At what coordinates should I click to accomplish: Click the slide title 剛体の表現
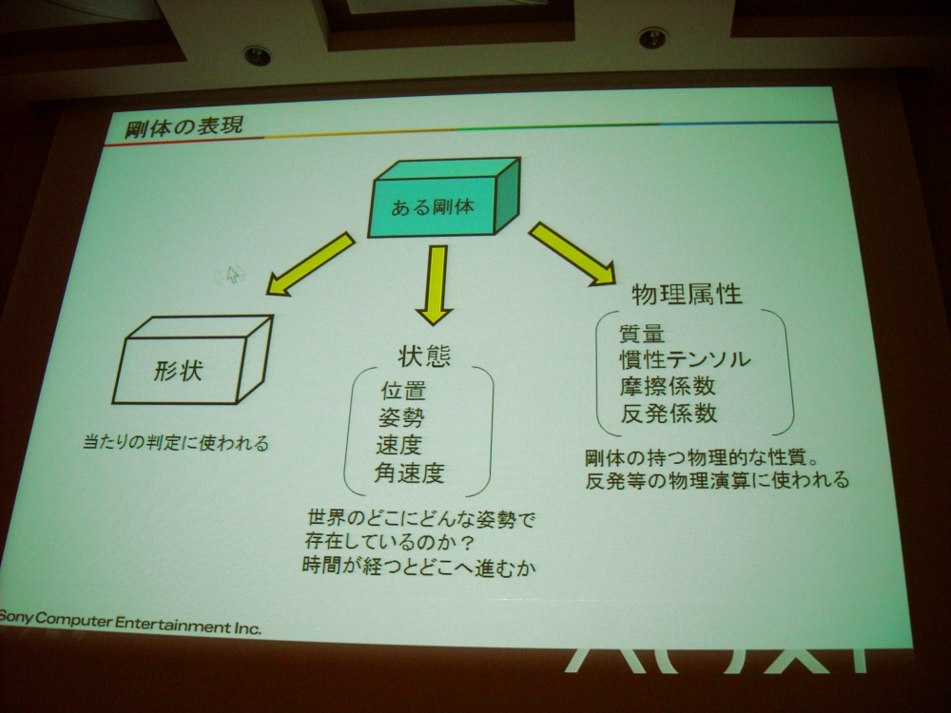point(184,126)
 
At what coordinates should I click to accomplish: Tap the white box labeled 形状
point(192,359)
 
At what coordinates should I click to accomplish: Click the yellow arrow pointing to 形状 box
point(311,263)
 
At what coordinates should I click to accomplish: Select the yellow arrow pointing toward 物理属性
point(572,254)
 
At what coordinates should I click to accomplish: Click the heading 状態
point(424,356)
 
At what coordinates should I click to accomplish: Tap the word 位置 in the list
point(403,391)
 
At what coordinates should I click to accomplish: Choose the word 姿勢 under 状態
point(401,417)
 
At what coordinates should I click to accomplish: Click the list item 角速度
point(410,472)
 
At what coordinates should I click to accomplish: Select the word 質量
point(642,334)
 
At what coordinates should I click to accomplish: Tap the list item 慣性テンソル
point(685,359)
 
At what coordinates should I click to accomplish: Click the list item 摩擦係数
point(668,386)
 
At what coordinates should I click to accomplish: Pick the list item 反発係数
point(669,414)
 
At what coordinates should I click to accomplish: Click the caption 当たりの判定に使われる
point(176,443)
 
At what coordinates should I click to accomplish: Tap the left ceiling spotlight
point(257,56)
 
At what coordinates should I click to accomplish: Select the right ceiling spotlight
point(652,38)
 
